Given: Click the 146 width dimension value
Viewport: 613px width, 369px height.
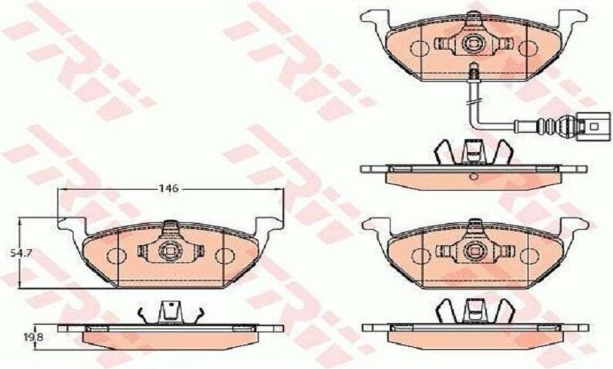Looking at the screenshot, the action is coord(168,188).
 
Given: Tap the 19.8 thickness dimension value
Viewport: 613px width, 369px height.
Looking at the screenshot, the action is coord(34,336).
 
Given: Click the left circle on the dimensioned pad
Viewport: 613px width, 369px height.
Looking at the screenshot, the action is coord(114,256).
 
